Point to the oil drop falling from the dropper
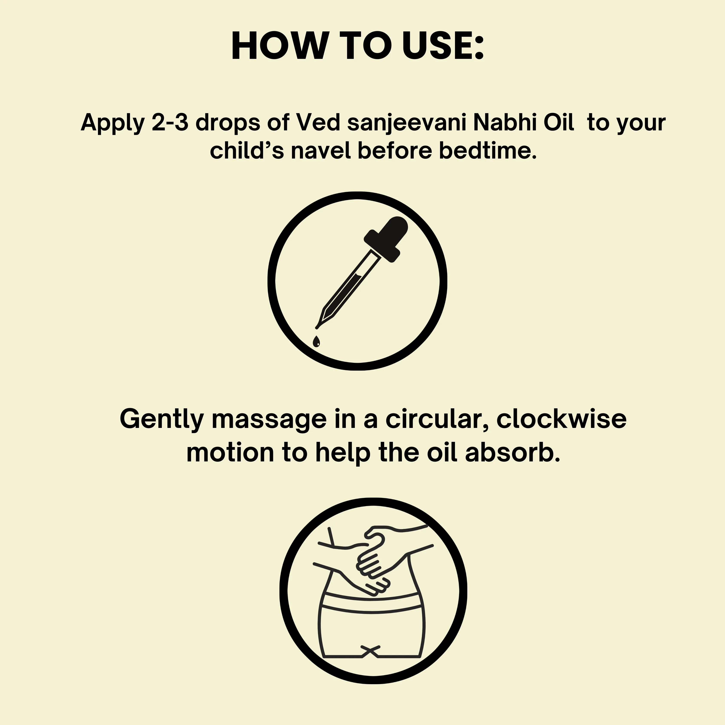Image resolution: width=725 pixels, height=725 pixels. [x=317, y=341]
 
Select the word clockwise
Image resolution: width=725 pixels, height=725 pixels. [x=561, y=419]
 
